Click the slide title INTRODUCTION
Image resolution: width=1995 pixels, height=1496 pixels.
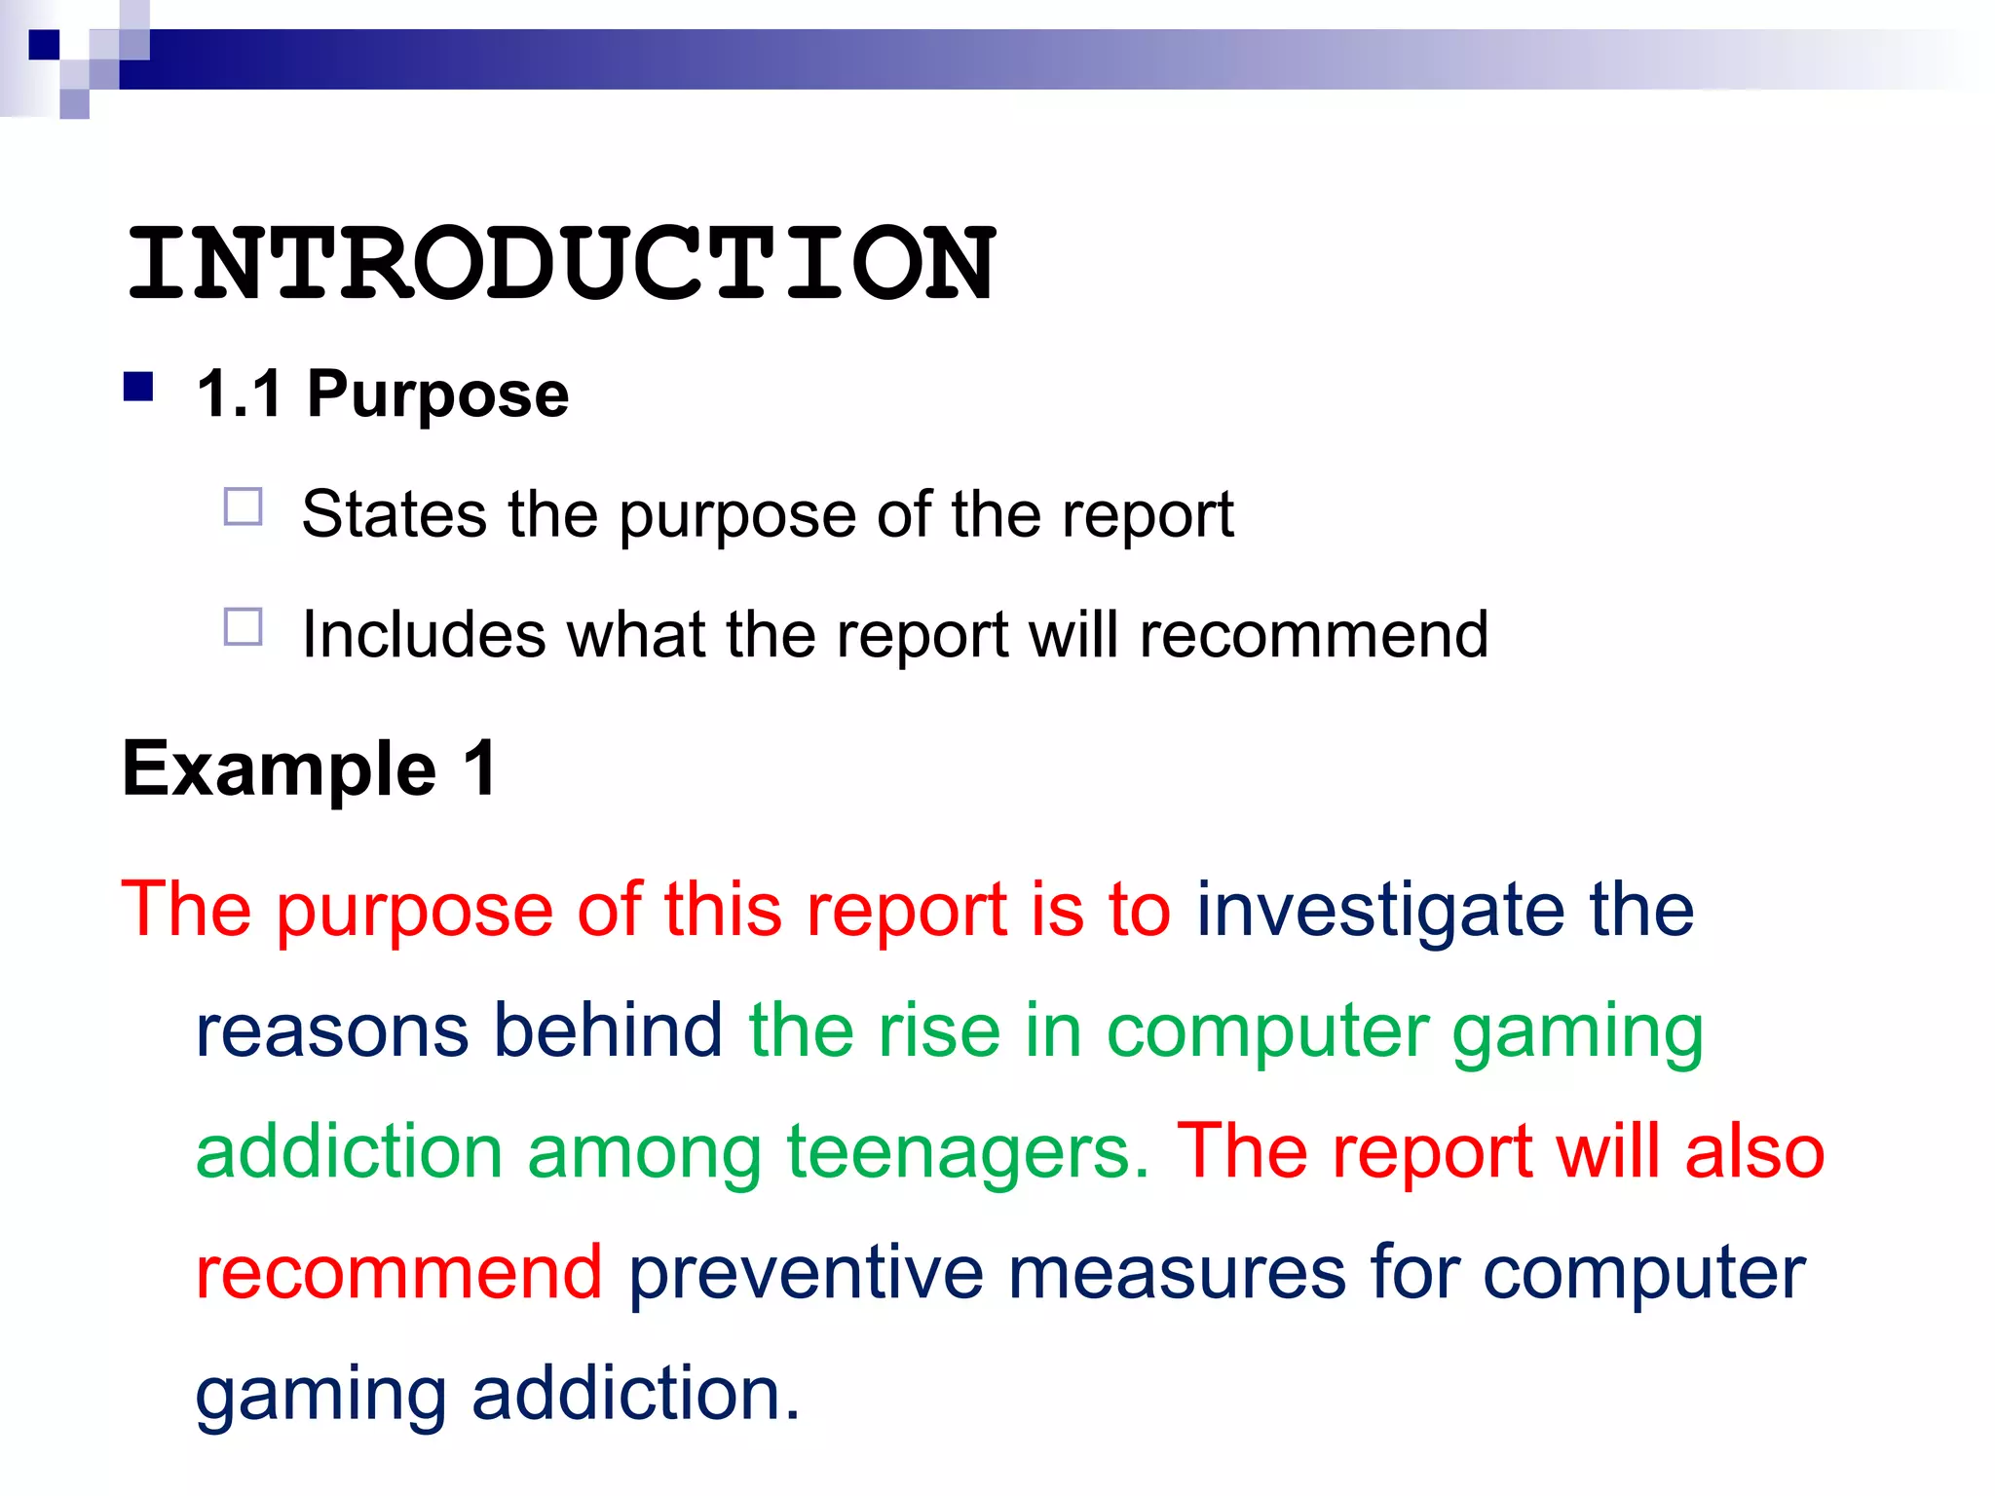coord(561,263)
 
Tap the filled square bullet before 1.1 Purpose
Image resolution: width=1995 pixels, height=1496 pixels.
coord(139,388)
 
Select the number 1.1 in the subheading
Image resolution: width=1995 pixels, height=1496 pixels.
coord(240,394)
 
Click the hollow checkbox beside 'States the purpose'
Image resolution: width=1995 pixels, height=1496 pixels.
coord(244,507)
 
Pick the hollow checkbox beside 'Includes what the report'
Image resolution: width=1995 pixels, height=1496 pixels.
coord(244,627)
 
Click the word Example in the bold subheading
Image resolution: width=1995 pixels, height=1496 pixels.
coord(280,769)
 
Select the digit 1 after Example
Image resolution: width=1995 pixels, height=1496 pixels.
coord(480,769)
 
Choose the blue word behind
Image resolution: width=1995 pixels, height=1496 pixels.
coord(608,1030)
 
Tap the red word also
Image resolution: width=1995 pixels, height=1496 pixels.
coord(1754,1151)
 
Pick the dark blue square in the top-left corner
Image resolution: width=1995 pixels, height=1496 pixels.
coord(44,45)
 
